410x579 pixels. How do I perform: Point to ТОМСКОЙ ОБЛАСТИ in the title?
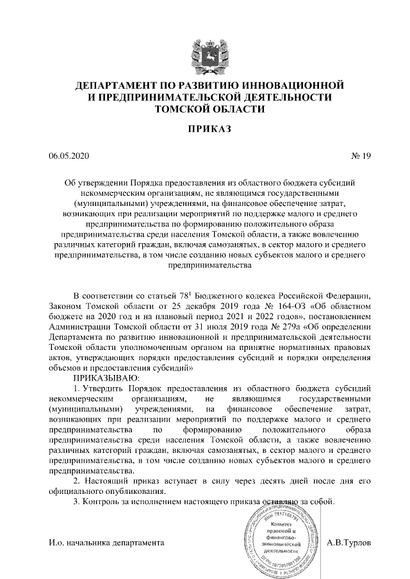tap(205, 109)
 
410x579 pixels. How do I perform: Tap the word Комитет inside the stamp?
tap(281, 524)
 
